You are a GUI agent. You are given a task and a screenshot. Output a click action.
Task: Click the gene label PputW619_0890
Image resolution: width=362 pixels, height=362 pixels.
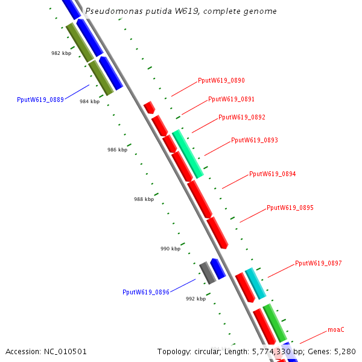tap(221, 81)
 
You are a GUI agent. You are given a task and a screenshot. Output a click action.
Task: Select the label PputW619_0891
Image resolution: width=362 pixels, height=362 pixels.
tap(231, 99)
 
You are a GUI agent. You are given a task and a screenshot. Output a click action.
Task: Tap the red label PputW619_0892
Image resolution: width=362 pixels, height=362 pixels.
tap(242, 117)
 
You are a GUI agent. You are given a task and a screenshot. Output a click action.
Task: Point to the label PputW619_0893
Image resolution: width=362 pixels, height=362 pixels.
tap(255, 140)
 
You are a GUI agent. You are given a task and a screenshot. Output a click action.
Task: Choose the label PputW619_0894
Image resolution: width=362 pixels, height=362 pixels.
tap(273, 174)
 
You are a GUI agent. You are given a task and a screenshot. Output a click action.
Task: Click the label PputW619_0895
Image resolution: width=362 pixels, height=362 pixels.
tap(290, 208)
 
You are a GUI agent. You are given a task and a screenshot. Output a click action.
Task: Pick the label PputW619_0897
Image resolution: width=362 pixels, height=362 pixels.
tap(319, 263)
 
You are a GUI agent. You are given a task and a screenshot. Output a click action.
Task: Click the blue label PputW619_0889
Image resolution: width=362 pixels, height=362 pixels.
tap(40, 100)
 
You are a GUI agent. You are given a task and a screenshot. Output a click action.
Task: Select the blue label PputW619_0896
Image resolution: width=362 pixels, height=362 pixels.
tap(146, 292)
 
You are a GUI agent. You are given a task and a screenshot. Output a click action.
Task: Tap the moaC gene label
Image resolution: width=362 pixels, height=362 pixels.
tap(336, 329)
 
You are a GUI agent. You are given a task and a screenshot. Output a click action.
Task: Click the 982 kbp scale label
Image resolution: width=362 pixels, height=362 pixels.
tap(61, 53)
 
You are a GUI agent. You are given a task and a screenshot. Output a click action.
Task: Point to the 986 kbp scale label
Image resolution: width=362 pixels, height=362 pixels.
tap(117, 150)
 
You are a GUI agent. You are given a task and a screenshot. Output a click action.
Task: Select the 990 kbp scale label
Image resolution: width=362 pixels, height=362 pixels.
tap(170, 249)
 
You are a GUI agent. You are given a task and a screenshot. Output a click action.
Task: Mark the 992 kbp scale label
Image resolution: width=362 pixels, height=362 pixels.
tap(195, 299)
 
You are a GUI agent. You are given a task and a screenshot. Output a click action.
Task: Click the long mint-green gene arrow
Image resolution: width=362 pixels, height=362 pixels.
tap(188, 153)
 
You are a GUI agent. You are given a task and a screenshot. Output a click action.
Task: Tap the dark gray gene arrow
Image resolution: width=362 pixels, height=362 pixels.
tap(208, 273)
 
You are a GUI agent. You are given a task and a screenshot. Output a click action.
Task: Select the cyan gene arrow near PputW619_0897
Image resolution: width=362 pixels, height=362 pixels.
tap(255, 284)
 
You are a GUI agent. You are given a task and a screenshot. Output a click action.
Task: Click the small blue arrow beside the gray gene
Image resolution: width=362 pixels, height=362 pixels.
tap(218, 268)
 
